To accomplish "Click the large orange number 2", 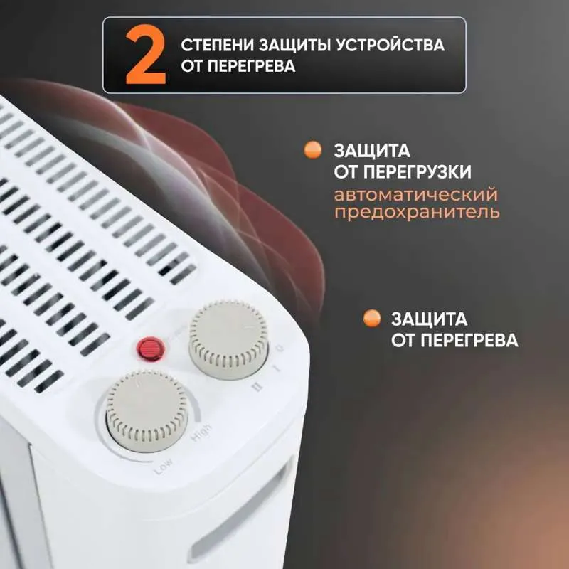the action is click(x=146, y=55).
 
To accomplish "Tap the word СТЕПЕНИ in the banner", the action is click(x=217, y=46).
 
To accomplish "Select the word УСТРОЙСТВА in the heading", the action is click(x=389, y=46).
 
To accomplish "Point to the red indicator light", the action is click(x=151, y=349).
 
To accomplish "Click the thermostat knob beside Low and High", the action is click(x=147, y=412).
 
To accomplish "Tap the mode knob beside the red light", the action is click(x=228, y=340).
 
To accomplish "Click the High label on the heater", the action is click(x=201, y=432).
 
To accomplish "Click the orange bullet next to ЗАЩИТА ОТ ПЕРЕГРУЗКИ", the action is click(x=313, y=150).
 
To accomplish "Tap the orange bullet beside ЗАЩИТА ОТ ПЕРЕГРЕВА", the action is click(x=372, y=318).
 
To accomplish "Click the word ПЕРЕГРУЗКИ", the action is click(x=418, y=172).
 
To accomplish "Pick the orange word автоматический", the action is click(x=416, y=194).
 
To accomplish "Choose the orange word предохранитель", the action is click(x=417, y=212).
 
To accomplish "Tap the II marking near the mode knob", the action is click(x=257, y=388).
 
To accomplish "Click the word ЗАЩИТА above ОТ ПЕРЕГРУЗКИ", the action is click(x=372, y=151).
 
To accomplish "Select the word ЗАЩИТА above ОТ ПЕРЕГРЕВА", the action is click(x=430, y=319).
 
